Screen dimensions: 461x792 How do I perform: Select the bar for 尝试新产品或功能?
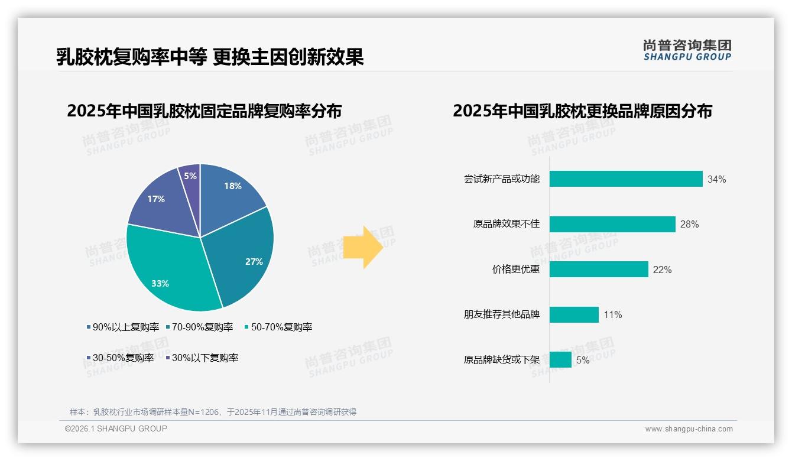[626, 179]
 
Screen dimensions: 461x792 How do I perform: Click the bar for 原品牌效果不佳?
[612, 224]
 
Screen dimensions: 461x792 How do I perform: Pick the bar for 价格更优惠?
[599, 270]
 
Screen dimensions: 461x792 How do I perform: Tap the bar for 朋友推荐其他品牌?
[574, 314]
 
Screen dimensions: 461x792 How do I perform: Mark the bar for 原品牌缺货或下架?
[560, 359]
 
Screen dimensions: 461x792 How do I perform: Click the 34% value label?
[716, 179]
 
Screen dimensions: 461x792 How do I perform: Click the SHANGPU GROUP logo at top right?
[687, 50]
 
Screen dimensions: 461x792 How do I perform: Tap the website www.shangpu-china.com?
[689, 429]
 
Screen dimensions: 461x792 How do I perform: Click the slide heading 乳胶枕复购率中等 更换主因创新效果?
[210, 57]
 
